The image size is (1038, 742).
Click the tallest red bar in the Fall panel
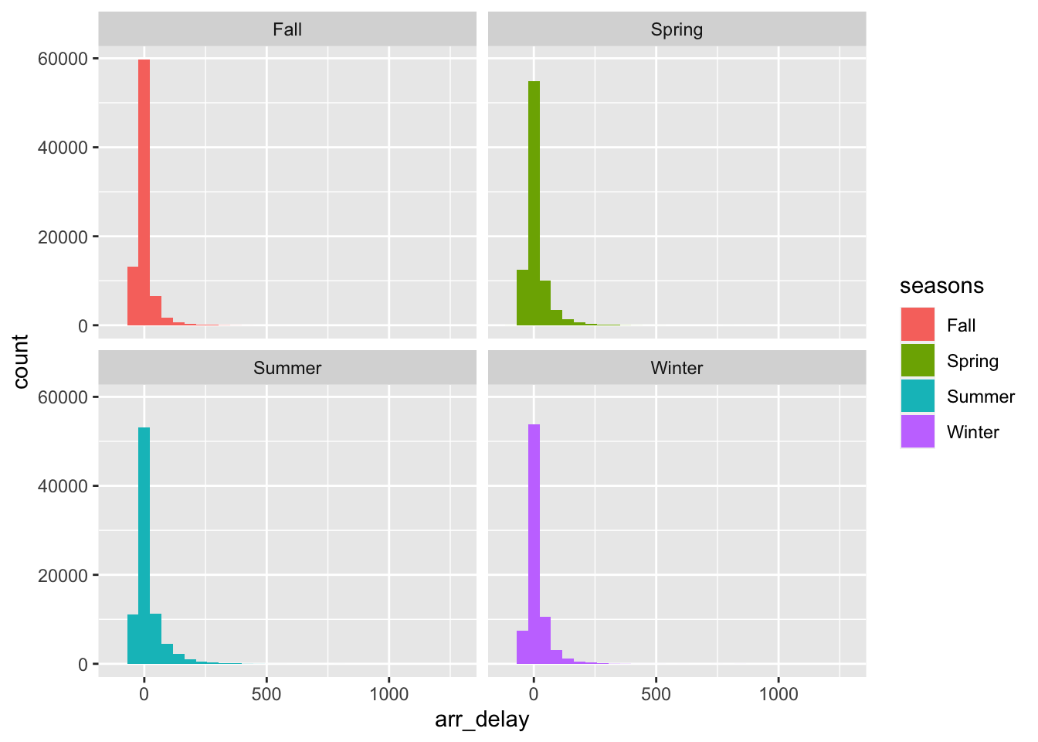144,193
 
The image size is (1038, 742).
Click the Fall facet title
287,30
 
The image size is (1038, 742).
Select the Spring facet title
677,30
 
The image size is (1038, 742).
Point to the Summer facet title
287,368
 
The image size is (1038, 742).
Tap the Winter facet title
677,368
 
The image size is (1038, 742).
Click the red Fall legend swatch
918,325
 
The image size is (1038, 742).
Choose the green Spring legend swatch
918,361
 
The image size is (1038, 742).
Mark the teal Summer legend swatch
918,397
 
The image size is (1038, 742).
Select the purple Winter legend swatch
918,432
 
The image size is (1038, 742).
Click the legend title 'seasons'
941,286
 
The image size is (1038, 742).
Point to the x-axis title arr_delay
482,720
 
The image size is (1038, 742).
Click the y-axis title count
21,361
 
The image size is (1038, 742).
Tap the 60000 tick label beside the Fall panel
63,59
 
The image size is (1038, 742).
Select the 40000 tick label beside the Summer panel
63,486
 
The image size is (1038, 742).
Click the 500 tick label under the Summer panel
266,694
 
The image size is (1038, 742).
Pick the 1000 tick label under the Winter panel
778,694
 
